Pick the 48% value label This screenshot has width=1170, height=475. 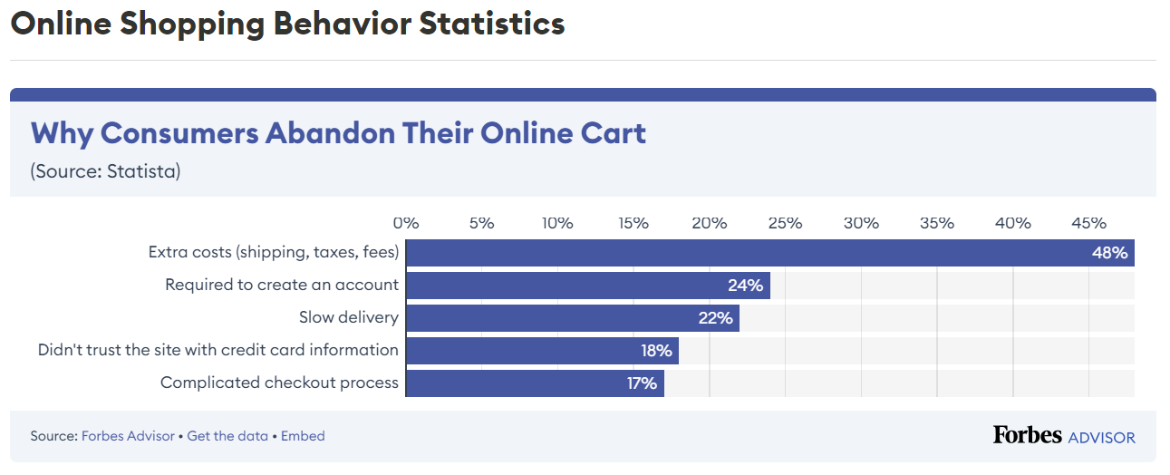pyautogui.click(x=1109, y=253)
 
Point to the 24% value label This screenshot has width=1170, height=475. pyautogui.click(x=745, y=286)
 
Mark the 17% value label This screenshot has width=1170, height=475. pyautogui.click(x=641, y=383)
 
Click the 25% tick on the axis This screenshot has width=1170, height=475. pyautogui.click(x=785, y=223)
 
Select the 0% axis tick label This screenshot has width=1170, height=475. pyautogui.click(x=405, y=223)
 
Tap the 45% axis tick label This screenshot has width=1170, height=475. pyautogui.click(x=1088, y=223)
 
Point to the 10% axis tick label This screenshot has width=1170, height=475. pyautogui.click(x=556, y=223)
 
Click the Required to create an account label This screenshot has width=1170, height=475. pyautogui.click(x=281, y=285)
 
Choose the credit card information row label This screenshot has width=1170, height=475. pyautogui.click(x=218, y=350)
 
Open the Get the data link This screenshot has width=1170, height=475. pyautogui.click(x=227, y=436)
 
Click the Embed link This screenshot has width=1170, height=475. pyautogui.click(x=303, y=436)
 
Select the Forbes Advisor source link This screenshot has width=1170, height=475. pyautogui.click(x=128, y=436)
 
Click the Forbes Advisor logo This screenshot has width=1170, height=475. pyautogui.click(x=1063, y=436)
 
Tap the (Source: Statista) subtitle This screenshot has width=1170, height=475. pyautogui.click(x=105, y=171)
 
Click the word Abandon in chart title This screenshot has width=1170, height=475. pyautogui.click(x=329, y=133)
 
